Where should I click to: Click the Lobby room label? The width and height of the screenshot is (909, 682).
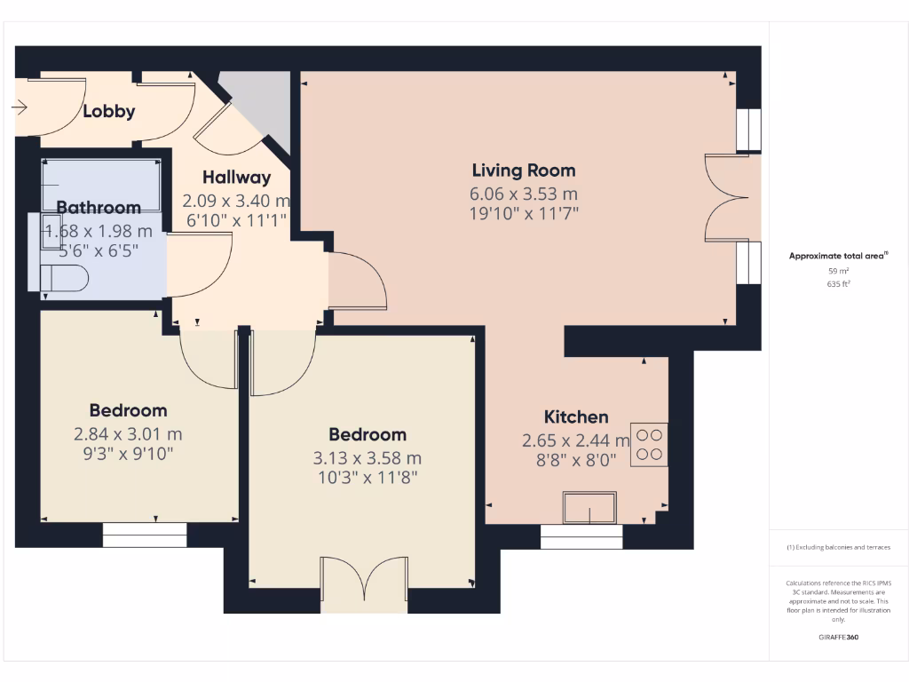tap(109, 111)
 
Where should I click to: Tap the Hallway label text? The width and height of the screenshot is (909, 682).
tap(235, 177)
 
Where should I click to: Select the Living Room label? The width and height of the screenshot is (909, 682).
tap(524, 170)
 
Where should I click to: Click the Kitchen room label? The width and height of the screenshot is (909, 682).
tap(576, 416)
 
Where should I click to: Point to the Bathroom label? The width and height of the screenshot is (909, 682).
tap(99, 208)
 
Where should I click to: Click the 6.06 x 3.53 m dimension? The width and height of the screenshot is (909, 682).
tap(524, 194)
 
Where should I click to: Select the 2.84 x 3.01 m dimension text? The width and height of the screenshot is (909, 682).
tap(128, 434)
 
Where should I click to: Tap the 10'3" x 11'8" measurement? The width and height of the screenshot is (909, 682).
tap(368, 477)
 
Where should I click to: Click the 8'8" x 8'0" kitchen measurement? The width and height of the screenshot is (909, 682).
tap(576, 459)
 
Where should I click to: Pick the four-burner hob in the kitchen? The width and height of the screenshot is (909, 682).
tap(649, 444)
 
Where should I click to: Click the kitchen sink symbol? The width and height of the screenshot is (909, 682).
tap(589, 511)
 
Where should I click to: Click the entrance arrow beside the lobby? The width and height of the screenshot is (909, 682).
tap(20, 107)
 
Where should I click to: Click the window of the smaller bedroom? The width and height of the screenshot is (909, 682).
tap(145, 535)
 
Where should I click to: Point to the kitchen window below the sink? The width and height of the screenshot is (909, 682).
tap(581, 536)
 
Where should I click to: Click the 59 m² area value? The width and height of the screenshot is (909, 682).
tap(838, 271)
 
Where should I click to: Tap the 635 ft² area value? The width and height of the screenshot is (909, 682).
tap(838, 284)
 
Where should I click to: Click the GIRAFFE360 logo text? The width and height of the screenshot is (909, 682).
tap(838, 637)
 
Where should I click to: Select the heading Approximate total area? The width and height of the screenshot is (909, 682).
tap(837, 256)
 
